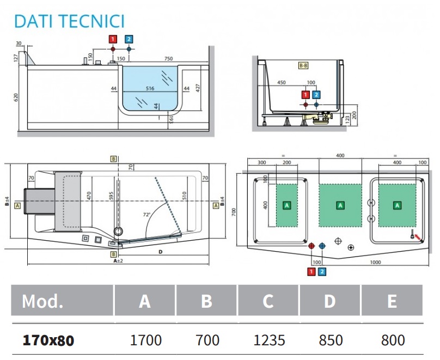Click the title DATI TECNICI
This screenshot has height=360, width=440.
(x=69, y=21)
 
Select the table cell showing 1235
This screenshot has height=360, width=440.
(x=269, y=340)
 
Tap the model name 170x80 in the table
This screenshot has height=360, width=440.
(x=48, y=340)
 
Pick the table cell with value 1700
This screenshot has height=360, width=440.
(x=145, y=340)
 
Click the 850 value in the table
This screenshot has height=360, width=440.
(x=331, y=340)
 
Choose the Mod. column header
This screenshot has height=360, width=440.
(x=42, y=301)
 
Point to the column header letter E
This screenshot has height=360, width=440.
(x=392, y=301)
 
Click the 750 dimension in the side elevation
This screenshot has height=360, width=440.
(x=168, y=58)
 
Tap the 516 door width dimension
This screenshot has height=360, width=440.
(x=150, y=88)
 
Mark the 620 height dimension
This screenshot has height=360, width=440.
(x=16, y=97)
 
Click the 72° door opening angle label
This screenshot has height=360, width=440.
(x=146, y=215)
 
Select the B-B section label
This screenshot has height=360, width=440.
(x=303, y=65)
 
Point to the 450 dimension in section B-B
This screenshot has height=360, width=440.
(x=281, y=83)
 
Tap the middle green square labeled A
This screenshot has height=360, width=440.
(x=340, y=205)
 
